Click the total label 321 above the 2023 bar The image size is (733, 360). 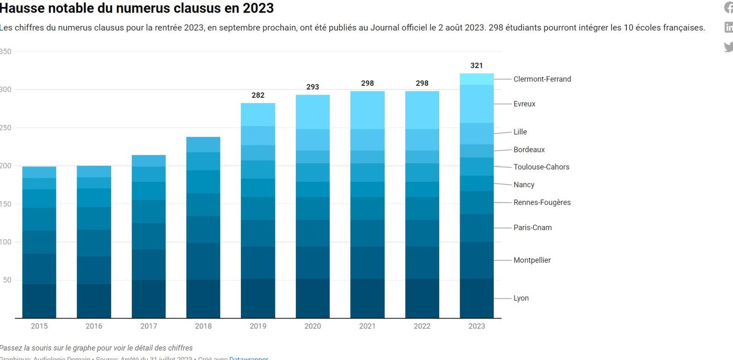tap(476, 65)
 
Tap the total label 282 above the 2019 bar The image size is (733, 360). tap(258, 95)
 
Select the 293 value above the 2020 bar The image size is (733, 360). tap(313, 87)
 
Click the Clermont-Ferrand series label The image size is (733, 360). tap(542, 79)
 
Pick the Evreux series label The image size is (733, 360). tap(524, 104)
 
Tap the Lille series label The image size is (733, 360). tap(520, 132)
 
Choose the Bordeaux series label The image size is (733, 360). tap(529, 150)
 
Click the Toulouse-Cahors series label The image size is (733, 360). tap(541, 167)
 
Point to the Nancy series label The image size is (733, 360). tap(524, 185)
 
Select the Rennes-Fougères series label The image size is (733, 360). tap(542, 203)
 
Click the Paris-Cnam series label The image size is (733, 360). tap(532, 228)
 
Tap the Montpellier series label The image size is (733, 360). tap(532, 260)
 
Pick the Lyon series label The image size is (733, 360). tap(521, 298)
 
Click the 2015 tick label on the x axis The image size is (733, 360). tap(39, 326)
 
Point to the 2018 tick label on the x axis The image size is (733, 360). tap(203, 326)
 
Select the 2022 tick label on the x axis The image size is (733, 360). tap(422, 326)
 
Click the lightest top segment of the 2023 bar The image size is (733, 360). tap(476, 79)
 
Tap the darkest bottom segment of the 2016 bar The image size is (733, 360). tap(94, 301)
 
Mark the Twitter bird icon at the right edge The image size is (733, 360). tap(728, 47)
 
